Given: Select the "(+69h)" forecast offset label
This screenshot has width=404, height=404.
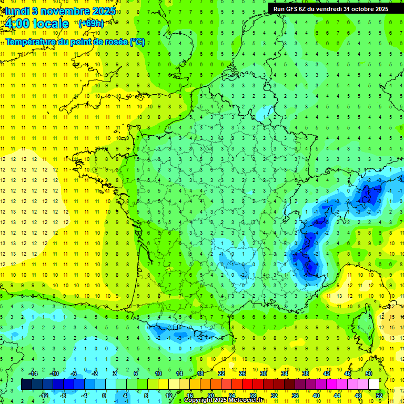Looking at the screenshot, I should pos(90,23).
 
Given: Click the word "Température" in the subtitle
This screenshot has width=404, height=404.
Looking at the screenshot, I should pos(28,42).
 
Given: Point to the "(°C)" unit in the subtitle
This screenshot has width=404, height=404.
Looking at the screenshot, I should pos(137,42).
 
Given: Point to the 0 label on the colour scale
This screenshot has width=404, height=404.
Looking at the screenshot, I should pos(104,396).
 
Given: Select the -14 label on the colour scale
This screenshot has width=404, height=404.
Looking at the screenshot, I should pos(34,373).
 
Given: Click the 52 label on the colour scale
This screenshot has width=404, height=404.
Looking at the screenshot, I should pos(379,396).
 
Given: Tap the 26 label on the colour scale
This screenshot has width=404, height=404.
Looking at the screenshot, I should pos(243,373).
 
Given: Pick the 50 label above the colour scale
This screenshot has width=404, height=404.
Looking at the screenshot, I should pos(369,373).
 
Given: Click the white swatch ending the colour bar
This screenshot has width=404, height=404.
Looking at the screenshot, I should pos(373,385).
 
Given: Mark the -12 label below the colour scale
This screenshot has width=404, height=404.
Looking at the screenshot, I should pos(44,396).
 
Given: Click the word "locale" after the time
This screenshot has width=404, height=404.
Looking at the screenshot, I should pos(50,24).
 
